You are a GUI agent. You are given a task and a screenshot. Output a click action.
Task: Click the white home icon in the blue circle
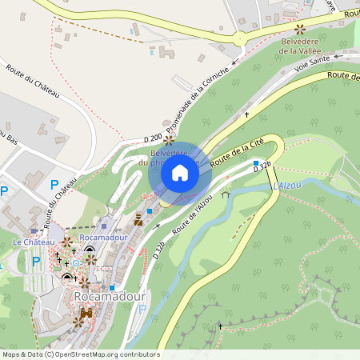pyautogui.click(x=180, y=173)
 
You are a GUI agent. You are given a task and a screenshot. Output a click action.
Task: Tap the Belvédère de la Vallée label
pyautogui.click(x=300, y=45)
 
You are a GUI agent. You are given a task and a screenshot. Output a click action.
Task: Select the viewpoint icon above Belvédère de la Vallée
pyautogui.click(x=300, y=28)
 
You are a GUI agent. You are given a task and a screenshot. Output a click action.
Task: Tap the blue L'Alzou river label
pyautogui.click(x=287, y=186)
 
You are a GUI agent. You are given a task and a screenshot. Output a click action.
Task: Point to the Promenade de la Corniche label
pyautogui.click(x=198, y=99)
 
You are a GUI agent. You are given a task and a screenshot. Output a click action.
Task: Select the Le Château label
pyautogui.click(x=34, y=242)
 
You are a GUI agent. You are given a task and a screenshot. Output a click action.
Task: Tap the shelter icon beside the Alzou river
pyautogui.click(x=226, y=194)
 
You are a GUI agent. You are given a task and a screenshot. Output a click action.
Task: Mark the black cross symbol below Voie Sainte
pyautogui.click(x=246, y=114)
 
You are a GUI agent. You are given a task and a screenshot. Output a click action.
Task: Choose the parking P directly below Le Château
pyautogui.click(x=35, y=260)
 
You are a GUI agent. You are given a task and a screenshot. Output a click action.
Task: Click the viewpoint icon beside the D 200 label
pyautogui.click(x=169, y=138)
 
